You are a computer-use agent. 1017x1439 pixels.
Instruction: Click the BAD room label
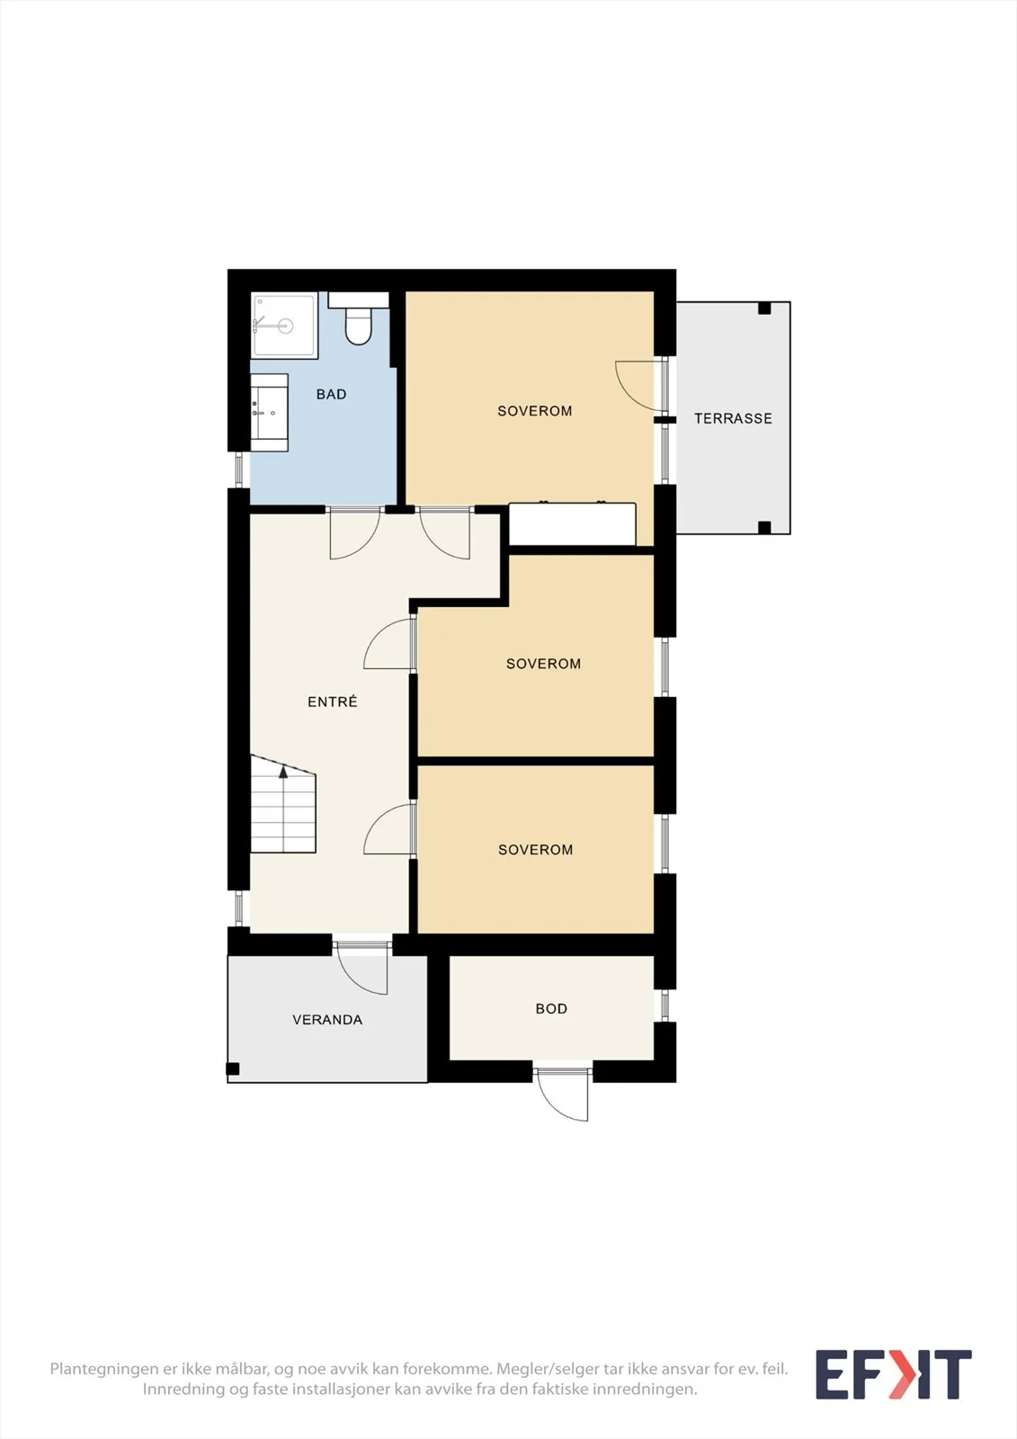[x=331, y=395]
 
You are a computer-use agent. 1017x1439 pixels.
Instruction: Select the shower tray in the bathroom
[x=285, y=326]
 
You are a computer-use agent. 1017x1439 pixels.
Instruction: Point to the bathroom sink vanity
[x=269, y=413]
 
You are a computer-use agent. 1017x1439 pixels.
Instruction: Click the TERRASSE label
[x=733, y=419]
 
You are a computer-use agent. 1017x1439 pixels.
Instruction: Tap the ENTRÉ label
[x=332, y=702]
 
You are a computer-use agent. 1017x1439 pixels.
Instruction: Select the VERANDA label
[x=327, y=1020]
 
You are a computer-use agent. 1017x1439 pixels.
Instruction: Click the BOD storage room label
[x=551, y=1008]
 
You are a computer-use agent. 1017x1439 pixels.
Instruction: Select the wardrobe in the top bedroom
[x=573, y=523]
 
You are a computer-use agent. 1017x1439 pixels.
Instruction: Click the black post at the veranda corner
[x=233, y=1069]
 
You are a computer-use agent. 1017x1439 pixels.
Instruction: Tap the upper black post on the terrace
[x=764, y=308]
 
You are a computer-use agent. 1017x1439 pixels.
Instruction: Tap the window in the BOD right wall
[x=665, y=1005]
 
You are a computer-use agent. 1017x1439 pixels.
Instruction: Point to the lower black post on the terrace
[x=764, y=527]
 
